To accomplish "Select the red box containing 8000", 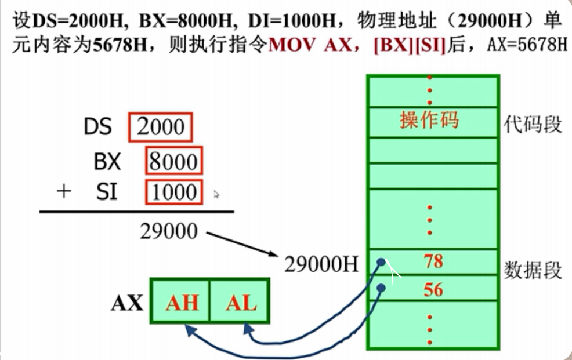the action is (174, 162).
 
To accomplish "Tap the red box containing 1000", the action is (174, 191).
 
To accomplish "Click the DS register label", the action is (98, 127).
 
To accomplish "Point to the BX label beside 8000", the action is (107, 162).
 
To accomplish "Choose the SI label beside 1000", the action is (107, 191).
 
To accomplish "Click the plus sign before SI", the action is (64, 192).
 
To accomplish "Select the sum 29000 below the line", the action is (169, 231).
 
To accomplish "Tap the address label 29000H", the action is (321, 264).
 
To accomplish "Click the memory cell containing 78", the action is (433, 262).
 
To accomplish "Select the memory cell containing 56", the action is (433, 289).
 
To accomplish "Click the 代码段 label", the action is (533, 124).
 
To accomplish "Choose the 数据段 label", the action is (533, 270).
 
